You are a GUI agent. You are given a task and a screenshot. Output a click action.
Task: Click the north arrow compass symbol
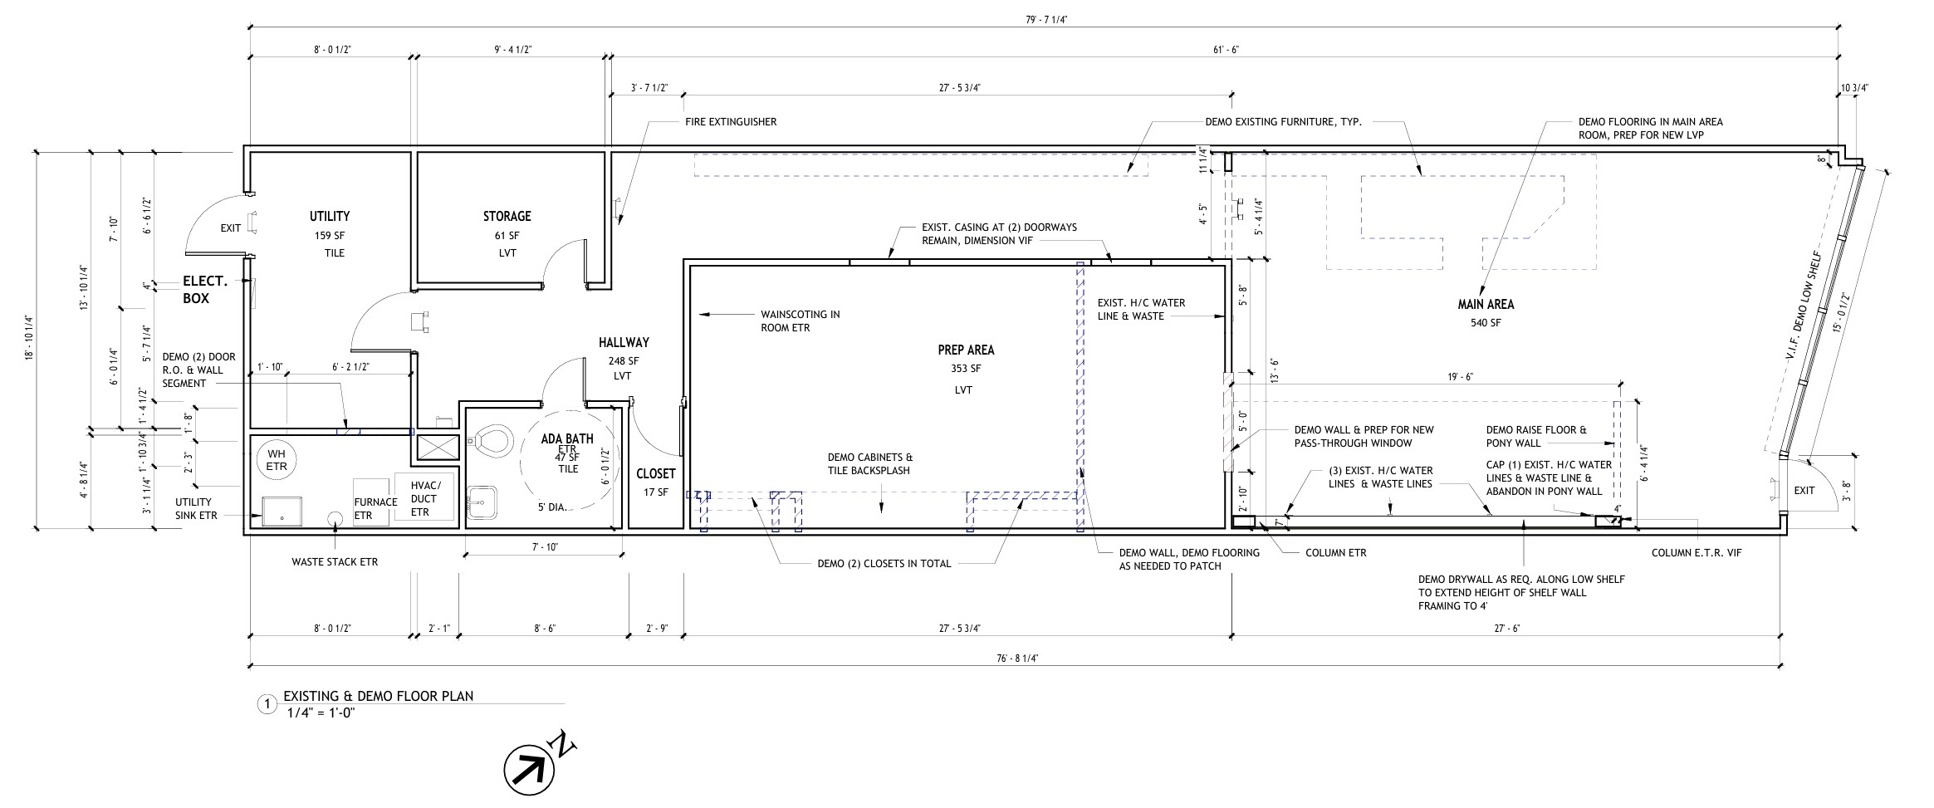(530, 771)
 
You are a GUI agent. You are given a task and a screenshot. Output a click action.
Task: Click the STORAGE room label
(507, 217)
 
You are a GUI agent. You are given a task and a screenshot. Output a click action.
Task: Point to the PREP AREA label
(966, 350)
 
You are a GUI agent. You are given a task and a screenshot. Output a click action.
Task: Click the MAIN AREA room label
(1486, 305)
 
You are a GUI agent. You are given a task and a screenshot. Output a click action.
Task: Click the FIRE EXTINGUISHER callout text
(731, 122)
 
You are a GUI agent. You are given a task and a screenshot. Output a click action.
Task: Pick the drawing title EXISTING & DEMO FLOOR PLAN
(379, 696)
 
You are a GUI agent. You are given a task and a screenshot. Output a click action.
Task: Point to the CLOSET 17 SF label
(656, 482)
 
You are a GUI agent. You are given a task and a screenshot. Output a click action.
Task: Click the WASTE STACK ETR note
(335, 562)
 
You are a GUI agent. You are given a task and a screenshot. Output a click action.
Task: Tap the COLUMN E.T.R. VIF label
(1697, 553)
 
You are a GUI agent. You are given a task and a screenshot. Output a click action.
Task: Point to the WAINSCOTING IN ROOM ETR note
(801, 321)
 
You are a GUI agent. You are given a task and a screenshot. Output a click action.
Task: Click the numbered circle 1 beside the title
(267, 705)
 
